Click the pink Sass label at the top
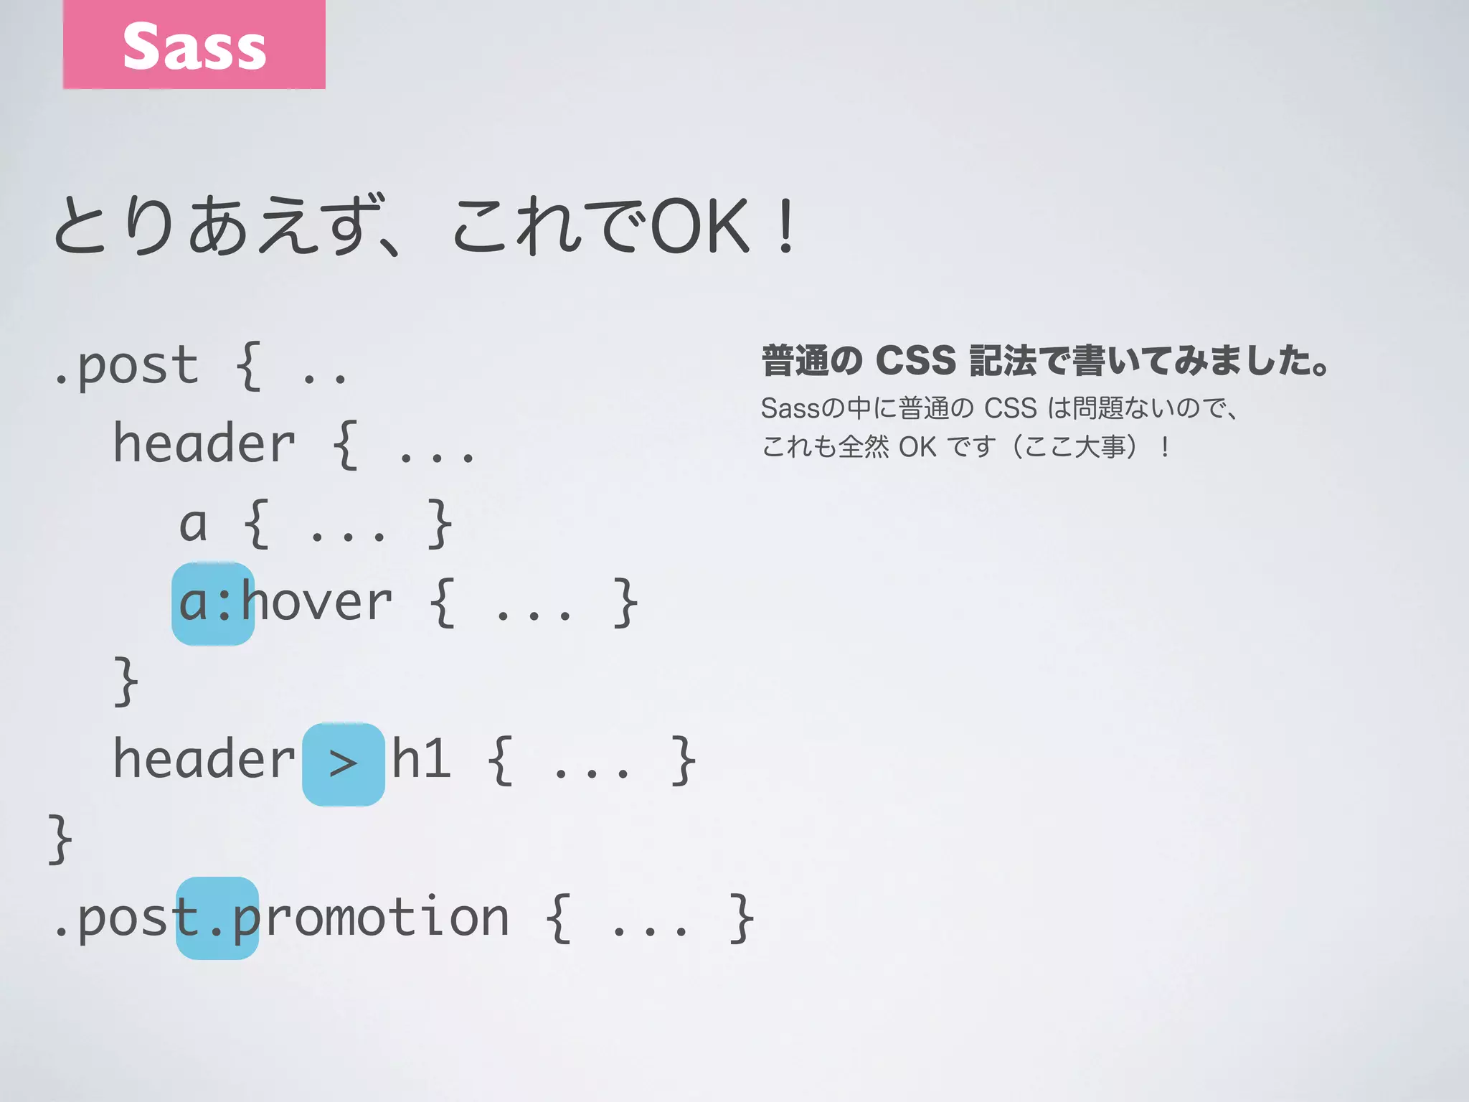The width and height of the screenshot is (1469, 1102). (x=194, y=44)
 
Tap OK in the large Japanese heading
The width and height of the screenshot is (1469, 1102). (x=699, y=228)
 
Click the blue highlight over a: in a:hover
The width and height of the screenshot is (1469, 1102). (x=213, y=603)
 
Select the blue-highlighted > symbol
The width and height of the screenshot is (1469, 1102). (x=344, y=764)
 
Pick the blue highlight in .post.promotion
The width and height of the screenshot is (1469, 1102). (x=217, y=918)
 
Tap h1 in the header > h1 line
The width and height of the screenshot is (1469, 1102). (x=422, y=759)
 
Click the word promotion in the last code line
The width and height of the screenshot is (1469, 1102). (x=371, y=918)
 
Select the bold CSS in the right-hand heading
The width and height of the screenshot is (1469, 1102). (x=916, y=360)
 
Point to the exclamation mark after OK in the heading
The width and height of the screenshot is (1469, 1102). (x=786, y=228)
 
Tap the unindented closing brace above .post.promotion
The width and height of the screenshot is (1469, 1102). (x=60, y=839)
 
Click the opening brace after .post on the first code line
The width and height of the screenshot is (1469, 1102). (x=248, y=367)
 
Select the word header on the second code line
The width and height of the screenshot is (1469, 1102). (x=204, y=444)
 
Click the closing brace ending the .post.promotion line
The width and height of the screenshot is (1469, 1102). (x=742, y=918)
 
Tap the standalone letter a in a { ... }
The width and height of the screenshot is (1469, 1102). (x=193, y=524)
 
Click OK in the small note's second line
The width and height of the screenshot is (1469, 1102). (x=917, y=447)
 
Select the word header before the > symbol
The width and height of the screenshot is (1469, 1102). (x=204, y=760)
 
